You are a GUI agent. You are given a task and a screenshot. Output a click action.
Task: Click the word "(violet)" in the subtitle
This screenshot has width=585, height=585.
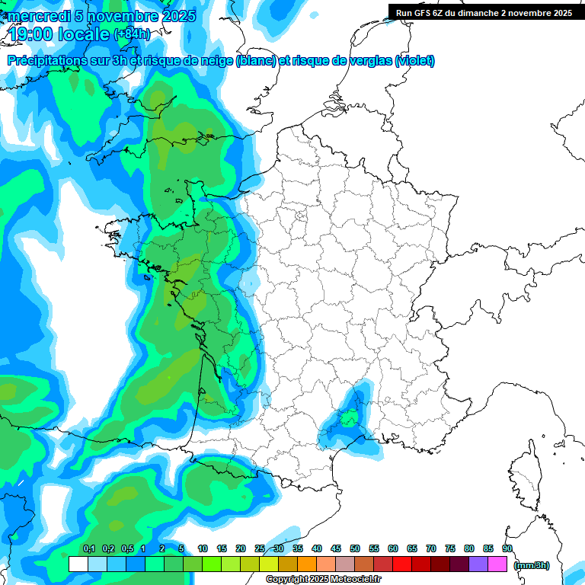[415, 61]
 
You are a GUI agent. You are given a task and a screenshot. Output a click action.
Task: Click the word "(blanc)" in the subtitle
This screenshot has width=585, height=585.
[256, 61]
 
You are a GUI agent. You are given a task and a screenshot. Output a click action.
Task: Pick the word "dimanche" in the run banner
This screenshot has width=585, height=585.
[497, 13]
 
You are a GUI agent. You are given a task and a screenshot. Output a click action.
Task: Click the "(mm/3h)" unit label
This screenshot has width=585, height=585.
[532, 564]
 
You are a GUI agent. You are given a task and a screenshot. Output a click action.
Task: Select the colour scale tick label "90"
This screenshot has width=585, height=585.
[507, 548]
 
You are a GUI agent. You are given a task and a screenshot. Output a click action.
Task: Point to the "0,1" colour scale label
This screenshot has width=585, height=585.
[88, 548]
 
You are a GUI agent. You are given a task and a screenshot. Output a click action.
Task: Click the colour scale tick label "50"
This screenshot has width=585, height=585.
[355, 548]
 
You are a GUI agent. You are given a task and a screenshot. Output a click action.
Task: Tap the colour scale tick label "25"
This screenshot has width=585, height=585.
[260, 548]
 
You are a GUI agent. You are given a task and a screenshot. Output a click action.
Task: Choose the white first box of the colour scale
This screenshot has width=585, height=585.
[78, 564]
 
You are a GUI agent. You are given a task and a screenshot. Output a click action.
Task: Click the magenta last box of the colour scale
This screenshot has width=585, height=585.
[497, 564]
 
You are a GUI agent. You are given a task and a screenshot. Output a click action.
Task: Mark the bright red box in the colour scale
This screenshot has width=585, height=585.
[402, 564]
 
